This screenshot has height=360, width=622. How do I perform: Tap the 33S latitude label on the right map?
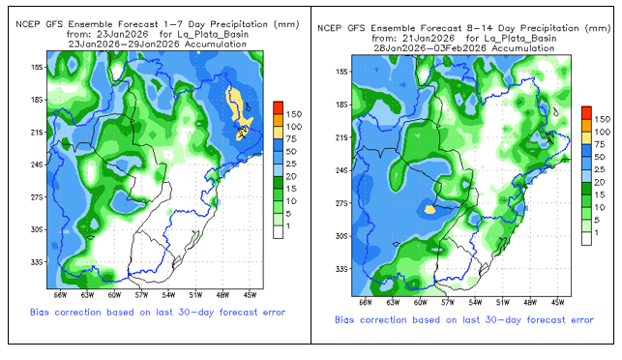(341, 269)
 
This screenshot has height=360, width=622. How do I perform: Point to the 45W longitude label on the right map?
(557, 303)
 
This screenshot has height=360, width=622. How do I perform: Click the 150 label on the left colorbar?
(294, 114)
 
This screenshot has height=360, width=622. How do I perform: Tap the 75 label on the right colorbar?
(600, 144)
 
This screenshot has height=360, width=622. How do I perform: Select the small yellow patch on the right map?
(429, 209)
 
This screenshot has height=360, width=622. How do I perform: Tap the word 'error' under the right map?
(582, 320)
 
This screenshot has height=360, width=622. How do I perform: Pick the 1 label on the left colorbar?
(288, 225)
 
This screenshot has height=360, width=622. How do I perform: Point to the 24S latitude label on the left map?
(37, 165)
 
